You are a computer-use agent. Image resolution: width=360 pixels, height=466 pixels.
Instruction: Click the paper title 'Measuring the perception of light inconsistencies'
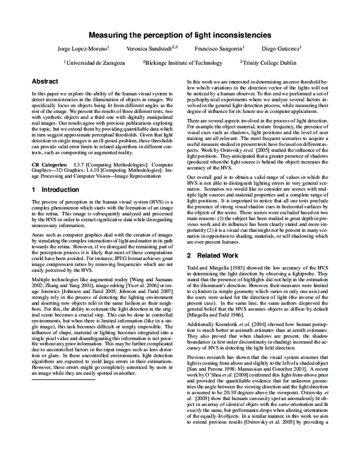pos(180,35)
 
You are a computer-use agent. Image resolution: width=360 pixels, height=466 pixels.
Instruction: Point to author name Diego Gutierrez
pos(282,48)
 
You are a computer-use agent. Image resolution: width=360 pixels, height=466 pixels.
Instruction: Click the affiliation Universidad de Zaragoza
pos(95,62)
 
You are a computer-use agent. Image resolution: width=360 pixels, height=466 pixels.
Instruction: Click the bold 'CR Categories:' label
pos(47,163)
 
